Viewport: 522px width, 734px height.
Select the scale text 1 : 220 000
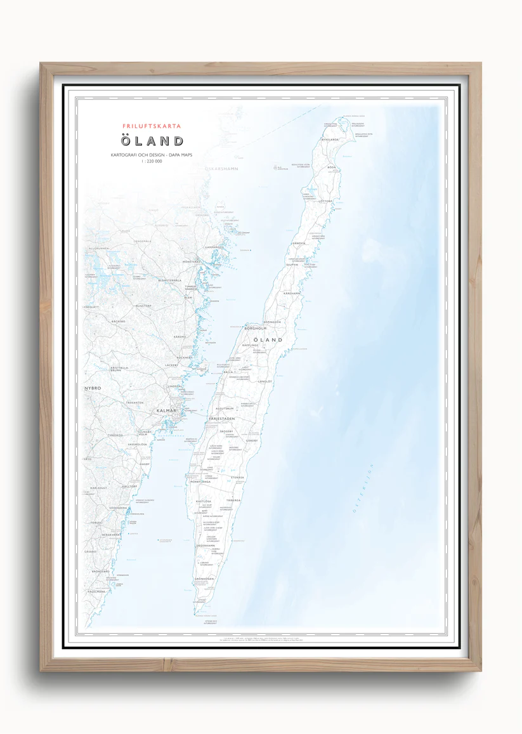click(x=152, y=162)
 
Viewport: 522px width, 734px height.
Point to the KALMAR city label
click(x=166, y=411)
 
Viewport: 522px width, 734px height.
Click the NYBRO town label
click(x=93, y=388)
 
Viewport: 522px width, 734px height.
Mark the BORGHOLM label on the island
click(x=255, y=329)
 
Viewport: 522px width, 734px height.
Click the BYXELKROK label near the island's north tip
click(x=330, y=139)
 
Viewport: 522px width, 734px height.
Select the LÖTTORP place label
click(x=325, y=201)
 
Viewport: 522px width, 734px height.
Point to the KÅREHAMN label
click(x=292, y=294)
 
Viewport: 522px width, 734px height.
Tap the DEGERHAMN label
click(x=206, y=545)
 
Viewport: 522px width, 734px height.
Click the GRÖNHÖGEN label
click(x=204, y=579)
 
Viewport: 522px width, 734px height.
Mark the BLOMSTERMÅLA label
click(x=169, y=280)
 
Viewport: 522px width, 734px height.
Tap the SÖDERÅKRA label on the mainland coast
click(x=119, y=508)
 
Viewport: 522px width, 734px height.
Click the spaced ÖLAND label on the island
click(x=268, y=340)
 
